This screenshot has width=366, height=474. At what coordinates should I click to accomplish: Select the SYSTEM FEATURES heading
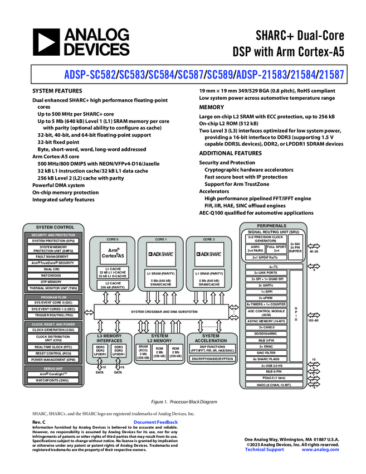pyautogui.click(x=57, y=91)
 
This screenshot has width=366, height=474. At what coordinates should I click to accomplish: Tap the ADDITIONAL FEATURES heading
pyautogui.click(x=230, y=153)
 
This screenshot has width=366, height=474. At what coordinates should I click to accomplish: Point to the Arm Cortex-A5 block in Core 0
pyautogui.click(x=113, y=254)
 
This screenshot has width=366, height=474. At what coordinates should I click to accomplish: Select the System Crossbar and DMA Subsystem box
pyautogui.click(x=164, y=311)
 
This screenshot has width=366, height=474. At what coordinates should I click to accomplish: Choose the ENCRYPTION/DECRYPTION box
pyautogui.click(x=211, y=359)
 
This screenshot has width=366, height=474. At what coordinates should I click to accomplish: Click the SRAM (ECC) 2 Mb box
pyautogui.click(x=143, y=352)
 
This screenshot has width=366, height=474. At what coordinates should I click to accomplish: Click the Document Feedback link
pyautogui.click(x=155, y=422)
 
